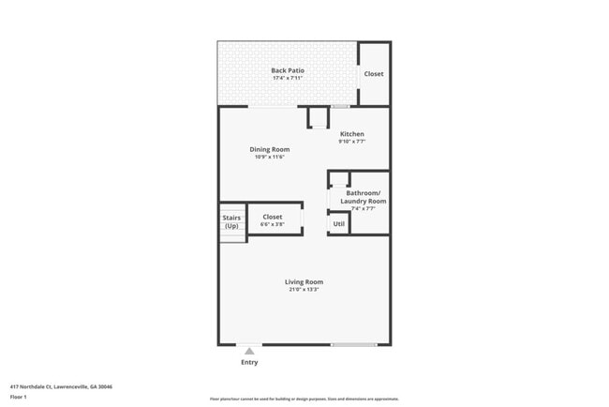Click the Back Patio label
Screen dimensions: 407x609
(x=288, y=70)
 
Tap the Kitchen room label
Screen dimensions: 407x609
(x=351, y=134)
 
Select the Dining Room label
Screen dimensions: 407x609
(x=269, y=149)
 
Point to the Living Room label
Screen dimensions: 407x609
(x=304, y=281)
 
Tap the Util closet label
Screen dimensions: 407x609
(x=338, y=224)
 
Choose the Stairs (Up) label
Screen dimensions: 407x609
(x=231, y=221)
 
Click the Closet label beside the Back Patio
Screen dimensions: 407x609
(x=373, y=74)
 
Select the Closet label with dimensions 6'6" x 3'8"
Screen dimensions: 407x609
(x=272, y=217)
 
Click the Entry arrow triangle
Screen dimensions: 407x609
(x=249, y=352)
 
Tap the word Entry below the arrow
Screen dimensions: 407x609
(x=249, y=362)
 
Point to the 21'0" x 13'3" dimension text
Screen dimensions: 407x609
(x=304, y=290)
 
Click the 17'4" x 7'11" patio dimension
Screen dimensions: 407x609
(x=288, y=78)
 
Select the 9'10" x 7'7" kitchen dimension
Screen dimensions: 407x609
(x=351, y=142)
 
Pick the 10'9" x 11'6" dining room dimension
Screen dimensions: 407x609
(x=269, y=157)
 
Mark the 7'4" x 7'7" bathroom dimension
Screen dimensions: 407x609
(x=363, y=208)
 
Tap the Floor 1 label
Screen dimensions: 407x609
(x=19, y=396)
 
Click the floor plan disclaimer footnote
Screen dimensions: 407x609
(x=304, y=399)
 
